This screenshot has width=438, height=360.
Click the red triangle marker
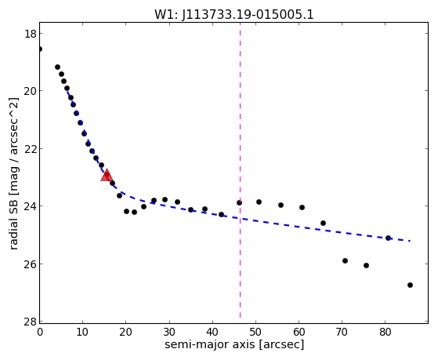click(x=107, y=175)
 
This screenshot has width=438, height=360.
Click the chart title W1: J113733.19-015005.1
click(x=234, y=15)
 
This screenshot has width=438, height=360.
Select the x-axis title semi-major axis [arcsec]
click(x=234, y=344)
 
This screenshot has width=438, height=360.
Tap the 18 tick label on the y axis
click(x=30, y=34)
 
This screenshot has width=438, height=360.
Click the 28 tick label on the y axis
click(x=30, y=322)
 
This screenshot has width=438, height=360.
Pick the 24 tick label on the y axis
click(x=30, y=206)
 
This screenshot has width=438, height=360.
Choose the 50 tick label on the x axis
click(x=255, y=332)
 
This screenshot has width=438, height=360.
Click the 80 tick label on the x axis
click(x=385, y=332)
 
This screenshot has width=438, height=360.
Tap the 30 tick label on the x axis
click(x=169, y=332)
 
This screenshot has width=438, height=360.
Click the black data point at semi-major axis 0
click(x=40, y=49)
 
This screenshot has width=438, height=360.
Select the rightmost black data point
click(x=410, y=285)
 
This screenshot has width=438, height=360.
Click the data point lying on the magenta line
click(x=240, y=202)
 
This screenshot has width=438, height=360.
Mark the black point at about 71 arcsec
click(x=345, y=260)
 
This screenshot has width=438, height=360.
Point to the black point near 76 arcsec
click(x=366, y=265)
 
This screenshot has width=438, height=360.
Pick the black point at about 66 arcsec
click(x=323, y=224)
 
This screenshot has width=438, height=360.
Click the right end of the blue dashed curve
click(x=410, y=241)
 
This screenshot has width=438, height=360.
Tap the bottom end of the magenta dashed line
click(x=241, y=318)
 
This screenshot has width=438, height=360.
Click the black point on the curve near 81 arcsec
click(x=388, y=238)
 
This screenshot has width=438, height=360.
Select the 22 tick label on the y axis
click(x=30, y=149)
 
